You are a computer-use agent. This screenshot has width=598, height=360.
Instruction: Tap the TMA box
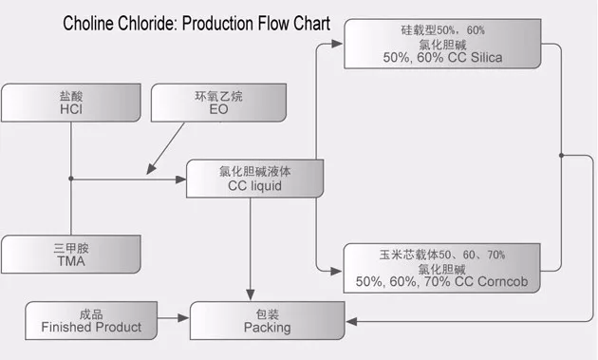[71, 254]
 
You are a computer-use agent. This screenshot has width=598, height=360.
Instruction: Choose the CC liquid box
[251, 179]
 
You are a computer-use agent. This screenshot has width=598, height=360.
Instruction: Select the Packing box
[267, 320]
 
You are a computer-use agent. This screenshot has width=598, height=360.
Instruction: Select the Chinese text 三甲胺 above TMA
[71, 246]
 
